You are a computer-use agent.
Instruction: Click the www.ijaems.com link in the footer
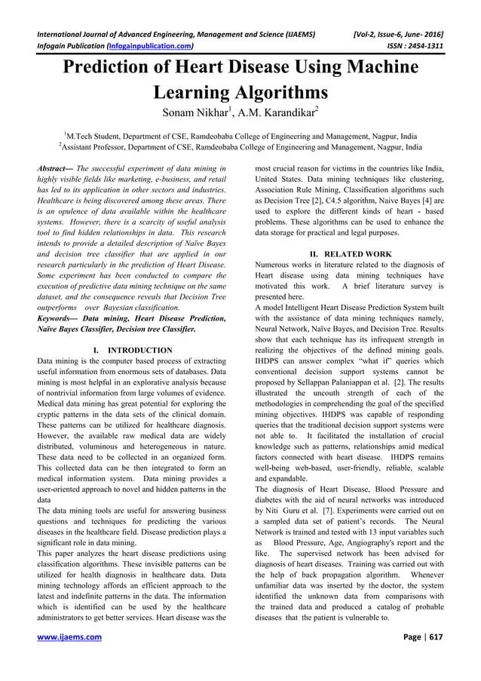point(69,637)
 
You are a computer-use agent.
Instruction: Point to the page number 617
point(435,637)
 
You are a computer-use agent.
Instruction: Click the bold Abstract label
point(56,169)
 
